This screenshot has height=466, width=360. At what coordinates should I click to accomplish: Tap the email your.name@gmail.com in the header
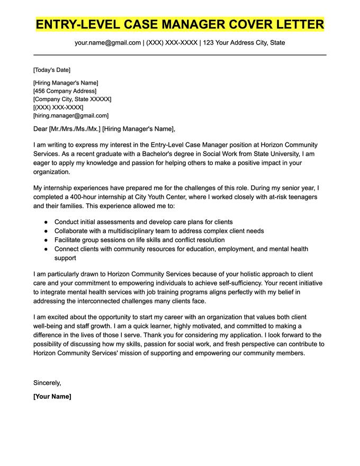(x=107, y=42)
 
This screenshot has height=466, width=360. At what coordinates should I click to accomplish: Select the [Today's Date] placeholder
(x=51, y=70)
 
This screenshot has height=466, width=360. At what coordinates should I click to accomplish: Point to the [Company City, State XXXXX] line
(x=72, y=99)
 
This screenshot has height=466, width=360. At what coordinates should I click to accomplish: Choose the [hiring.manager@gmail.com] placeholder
(x=70, y=115)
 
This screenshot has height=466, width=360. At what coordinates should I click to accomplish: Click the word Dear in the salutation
(x=40, y=129)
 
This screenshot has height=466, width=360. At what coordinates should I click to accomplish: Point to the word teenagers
(x=297, y=197)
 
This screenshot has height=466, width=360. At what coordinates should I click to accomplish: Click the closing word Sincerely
(x=47, y=382)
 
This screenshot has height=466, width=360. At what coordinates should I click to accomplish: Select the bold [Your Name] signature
(x=52, y=396)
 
